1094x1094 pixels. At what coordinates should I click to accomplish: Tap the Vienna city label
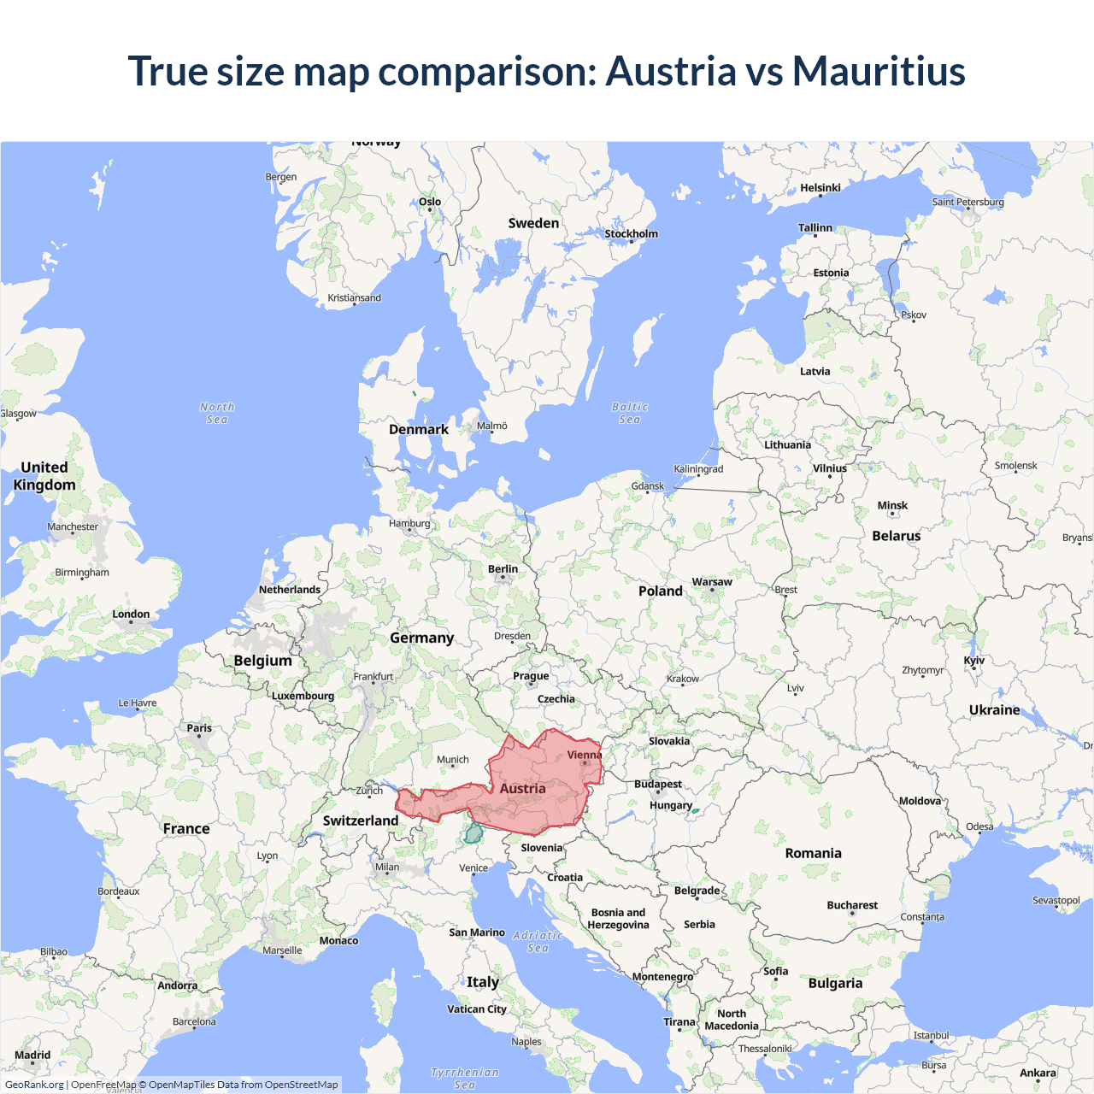coord(585,755)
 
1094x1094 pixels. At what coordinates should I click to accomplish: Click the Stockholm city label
coord(631,234)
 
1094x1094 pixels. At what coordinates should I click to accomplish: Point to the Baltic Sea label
coord(630,414)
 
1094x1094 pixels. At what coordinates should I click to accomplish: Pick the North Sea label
coord(217,414)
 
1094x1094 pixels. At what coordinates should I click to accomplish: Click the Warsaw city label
coord(712,582)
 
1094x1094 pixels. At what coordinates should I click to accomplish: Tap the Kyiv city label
coord(973,661)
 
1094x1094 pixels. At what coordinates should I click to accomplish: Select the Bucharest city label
coord(852,905)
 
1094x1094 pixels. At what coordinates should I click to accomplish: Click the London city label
coord(131,615)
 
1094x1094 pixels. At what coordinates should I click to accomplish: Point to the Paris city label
coord(199,728)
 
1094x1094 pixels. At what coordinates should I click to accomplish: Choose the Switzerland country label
coord(361,820)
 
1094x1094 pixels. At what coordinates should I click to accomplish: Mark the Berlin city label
coord(503,569)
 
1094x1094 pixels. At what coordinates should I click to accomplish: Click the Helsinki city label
coord(820,188)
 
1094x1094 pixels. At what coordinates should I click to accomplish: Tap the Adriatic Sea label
coord(538,942)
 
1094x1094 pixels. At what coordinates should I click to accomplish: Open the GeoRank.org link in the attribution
coord(34,1085)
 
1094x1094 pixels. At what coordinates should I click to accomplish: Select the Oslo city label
coord(430,203)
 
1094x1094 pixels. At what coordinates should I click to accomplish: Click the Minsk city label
coord(892,506)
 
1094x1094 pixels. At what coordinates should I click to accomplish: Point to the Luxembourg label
coord(303,696)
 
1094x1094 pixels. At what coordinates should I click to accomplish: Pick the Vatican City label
coord(477,1009)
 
